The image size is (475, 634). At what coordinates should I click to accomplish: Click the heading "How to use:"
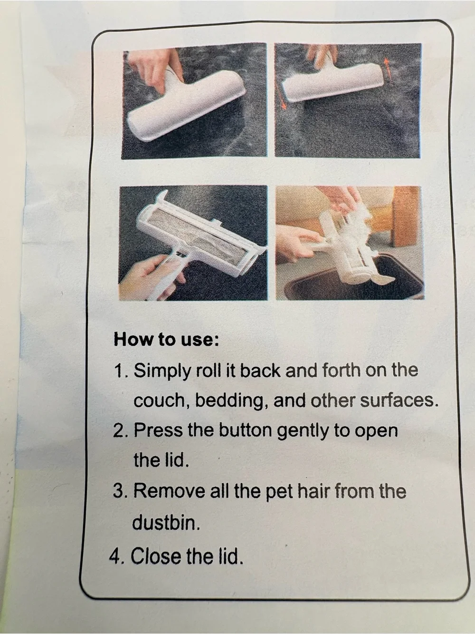166,340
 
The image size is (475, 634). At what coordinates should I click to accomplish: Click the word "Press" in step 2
158,430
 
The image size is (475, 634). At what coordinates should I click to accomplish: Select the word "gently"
303,431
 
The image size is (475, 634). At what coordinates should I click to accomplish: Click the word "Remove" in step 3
169,491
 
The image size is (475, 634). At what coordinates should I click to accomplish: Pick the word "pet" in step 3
279,492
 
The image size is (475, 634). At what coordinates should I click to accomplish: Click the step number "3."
121,491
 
